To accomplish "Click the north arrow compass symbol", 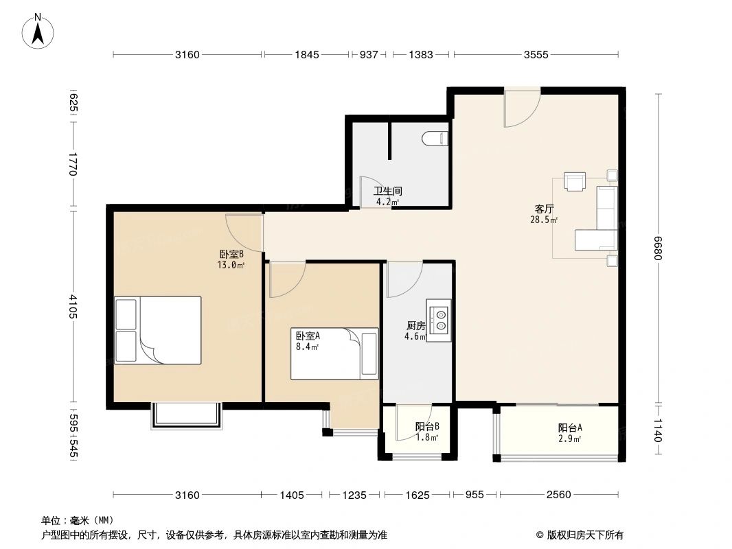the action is pyautogui.click(x=38, y=31).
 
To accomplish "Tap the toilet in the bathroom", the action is pyautogui.click(x=435, y=139).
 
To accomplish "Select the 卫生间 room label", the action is pyautogui.click(x=387, y=191).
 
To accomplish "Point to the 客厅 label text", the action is pyautogui.click(x=544, y=209).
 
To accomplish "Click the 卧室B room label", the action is pyautogui.click(x=231, y=254).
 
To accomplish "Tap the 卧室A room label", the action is pyautogui.click(x=308, y=336).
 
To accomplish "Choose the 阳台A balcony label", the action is pyautogui.click(x=569, y=428).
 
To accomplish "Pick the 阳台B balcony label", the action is pyautogui.click(x=426, y=426).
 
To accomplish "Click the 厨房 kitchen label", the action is pyautogui.click(x=415, y=325).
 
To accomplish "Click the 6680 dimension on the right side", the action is pyautogui.click(x=659, y=248).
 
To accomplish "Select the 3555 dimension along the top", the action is pyautogui.click(x=536, y=55).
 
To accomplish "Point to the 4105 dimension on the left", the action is pyautogui.click(x=73, y=306).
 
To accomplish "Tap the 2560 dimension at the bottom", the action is pyautogui.click(x=558, y=494).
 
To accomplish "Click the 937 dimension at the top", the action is pyautogui.click(x=368, y=55).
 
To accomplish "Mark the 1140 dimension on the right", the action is pyautogui.click(x=658, y=430).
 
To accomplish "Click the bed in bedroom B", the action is pyautogui.click(x=158, y=330).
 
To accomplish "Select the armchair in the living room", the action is pyautogui.click(x=574, y=181).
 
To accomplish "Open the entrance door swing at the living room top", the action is pyautogui.click(x=522, y=108).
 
